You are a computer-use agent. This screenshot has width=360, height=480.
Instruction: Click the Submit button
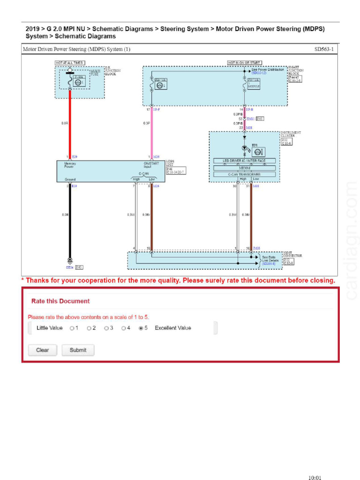[78, 350]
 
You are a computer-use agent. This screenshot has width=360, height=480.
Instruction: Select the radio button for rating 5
[141, 328]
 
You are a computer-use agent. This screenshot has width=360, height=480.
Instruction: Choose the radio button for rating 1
[72, 328]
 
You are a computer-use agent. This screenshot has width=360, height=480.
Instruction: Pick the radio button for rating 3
[106, 328]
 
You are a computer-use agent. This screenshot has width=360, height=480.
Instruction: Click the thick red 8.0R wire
[70, 124]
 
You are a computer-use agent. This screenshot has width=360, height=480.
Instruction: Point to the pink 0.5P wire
[151, 134]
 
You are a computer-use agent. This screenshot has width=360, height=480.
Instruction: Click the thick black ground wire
[70, 220]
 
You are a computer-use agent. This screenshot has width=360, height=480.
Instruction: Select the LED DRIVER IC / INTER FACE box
[244, 161]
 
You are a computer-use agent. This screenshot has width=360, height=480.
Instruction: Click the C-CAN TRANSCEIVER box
[244, 174]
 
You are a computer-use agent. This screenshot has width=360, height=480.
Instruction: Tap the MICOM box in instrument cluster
[244, 167]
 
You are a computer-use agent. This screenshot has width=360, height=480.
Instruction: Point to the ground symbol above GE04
[70, 261]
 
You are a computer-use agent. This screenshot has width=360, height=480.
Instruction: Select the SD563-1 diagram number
[324, 49]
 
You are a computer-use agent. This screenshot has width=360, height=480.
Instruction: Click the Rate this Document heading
[60, 301]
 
